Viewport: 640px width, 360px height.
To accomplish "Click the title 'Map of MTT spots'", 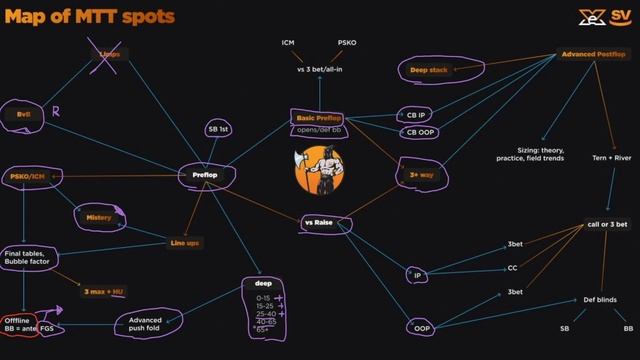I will [90, 17].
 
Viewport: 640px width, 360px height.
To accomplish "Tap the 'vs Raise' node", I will [318, 223].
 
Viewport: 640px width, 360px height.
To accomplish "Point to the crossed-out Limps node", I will [111, 55].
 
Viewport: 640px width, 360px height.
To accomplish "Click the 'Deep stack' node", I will [429, 70].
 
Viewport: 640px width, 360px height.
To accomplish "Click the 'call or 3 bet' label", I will [607, 224].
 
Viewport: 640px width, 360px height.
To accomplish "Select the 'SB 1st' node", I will [219, 129].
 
